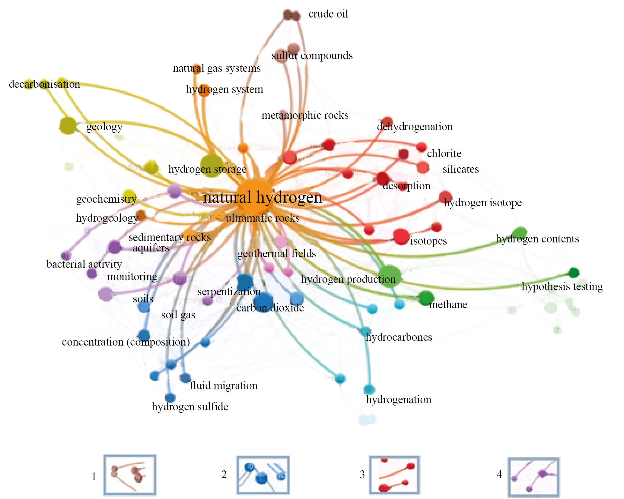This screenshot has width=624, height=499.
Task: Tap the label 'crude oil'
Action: tap(328, 14)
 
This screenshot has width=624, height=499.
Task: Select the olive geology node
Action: tap(68, 125)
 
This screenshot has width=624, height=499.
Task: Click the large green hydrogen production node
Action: tap(390, 276)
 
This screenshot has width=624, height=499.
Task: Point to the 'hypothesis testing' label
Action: tap(562, 286)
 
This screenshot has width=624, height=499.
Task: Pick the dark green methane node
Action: tap(426, 298)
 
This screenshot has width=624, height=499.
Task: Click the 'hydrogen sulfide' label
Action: tap(190, 407)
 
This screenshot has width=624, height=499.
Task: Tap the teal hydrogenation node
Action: tap(369, 389)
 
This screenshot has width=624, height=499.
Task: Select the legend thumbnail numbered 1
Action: tap(130, 475)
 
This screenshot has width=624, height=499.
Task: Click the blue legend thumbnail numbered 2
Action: tap(263, 475)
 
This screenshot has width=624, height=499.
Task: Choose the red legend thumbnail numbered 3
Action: tap(394, 475)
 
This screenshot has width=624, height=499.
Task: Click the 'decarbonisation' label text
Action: tap(44, 84)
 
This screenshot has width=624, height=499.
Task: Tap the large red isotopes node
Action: tap(401, 236)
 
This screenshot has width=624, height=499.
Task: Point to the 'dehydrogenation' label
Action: tap(415, 127)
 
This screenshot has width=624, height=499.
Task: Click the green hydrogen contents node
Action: tap(520, 233)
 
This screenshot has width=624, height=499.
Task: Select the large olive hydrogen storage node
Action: tap(212, 166)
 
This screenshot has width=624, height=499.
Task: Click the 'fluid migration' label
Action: tap(224, 386)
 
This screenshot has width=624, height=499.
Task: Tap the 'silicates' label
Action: tap(460, 169)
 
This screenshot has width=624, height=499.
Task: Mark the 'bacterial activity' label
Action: tap(84, 264)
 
